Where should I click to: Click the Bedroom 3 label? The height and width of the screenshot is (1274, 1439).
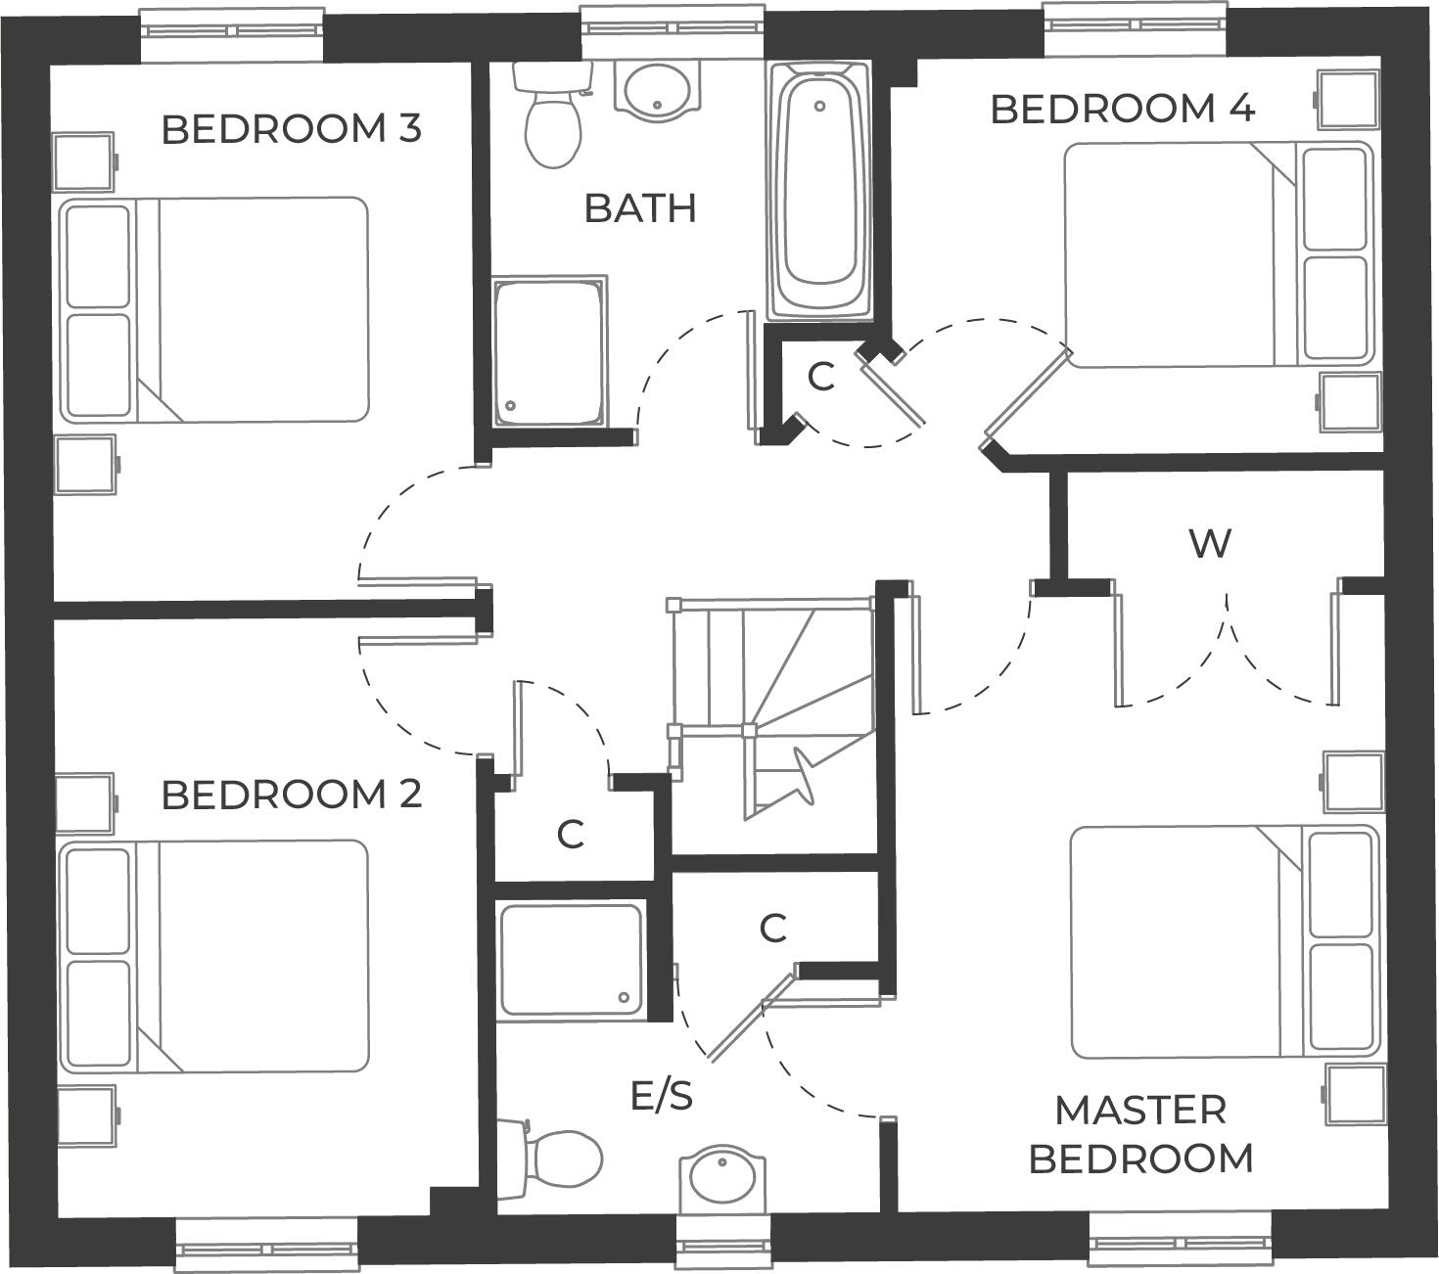[291, 129]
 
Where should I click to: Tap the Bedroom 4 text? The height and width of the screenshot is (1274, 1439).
[1122, 109]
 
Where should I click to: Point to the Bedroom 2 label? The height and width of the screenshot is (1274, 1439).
[291, 795]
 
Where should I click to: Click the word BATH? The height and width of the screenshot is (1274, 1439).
[640, 208]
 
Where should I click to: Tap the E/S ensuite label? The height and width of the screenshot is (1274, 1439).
[662, 1096]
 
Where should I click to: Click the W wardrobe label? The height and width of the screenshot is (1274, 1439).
[1210, 543]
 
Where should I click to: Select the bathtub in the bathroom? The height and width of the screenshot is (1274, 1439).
[819, 191]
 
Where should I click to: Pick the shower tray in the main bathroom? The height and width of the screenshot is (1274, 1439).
[548, 353]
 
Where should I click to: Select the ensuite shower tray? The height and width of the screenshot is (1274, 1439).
[571, 959]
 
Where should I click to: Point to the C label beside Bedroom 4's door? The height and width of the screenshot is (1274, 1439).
[820, 377]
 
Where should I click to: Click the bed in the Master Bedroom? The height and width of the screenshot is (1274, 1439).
[1224, 941]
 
